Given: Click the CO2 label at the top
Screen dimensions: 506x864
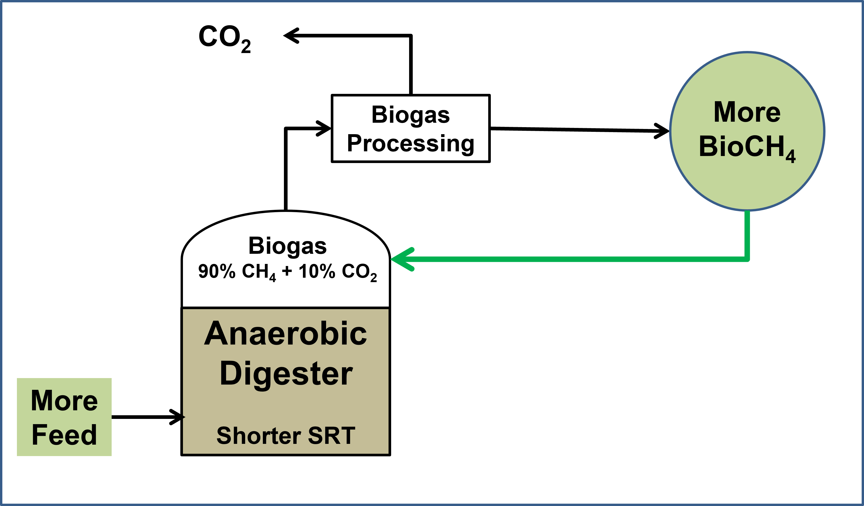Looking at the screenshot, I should (x=225, y=37).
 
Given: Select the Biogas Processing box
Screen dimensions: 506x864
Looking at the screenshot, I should (x=410, y=128).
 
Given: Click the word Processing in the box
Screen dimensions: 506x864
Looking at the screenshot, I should (x=410, y=143).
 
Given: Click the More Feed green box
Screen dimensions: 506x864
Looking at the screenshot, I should (x=64, y=417).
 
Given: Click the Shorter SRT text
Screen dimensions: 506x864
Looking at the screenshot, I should (x=285, y=436).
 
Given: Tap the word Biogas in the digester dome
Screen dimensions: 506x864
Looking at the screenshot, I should (x=287, y=246).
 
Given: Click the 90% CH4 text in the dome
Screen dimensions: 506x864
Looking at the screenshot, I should (x=237, y=272).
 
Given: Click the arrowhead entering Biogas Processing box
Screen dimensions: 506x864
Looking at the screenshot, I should (x=324, y=128).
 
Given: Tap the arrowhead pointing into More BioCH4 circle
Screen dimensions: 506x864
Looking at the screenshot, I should (x=662, y=131).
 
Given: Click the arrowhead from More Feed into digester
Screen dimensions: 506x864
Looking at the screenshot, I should (x=177, y=417).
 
